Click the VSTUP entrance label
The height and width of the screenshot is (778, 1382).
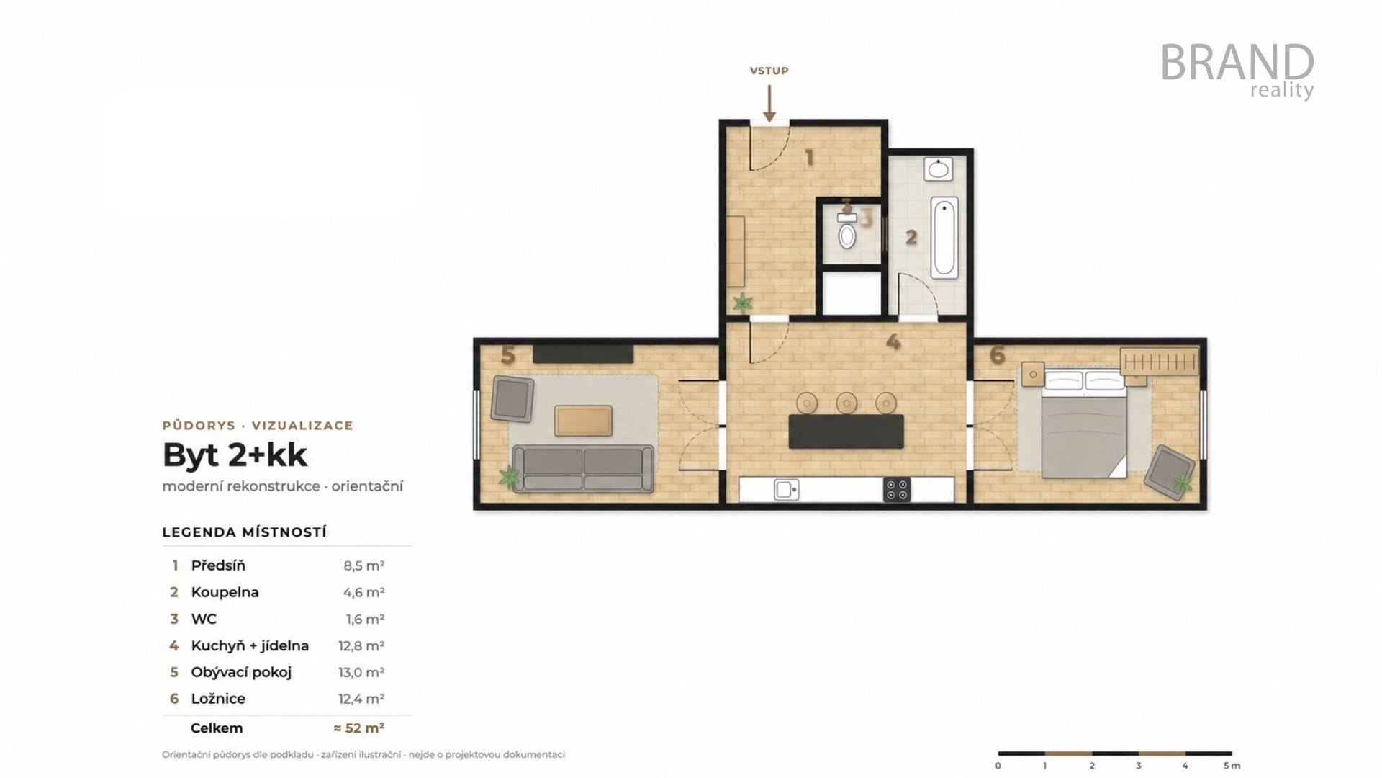[x=769, y=71]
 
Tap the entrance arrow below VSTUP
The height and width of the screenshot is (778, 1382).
[x=769, y=104]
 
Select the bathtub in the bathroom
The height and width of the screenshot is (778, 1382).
[x=944, y=238]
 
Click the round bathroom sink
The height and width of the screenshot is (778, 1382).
[x=939, y=169]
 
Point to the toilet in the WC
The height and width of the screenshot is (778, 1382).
[x=847, y=230]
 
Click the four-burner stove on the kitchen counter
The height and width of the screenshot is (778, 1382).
[x=897, y=490]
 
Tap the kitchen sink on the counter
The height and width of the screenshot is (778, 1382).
[x=786, y=490]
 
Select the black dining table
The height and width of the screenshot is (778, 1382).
[x=846, y=432]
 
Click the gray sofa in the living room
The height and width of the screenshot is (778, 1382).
[x=583, y=468]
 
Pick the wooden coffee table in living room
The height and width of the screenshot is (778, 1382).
[x=583, y=421]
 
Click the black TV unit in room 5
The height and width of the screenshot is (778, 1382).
[x=583, y=354]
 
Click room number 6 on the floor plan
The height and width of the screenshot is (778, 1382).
[x=997, y=355]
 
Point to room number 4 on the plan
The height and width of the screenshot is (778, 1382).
[x=893, y=341]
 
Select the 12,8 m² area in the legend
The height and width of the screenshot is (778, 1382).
[x=361, y=646]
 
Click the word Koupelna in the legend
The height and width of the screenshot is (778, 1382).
[x=225, y=592]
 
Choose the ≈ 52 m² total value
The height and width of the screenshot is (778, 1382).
[x=358, y=728]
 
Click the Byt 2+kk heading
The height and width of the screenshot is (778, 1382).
[x=235, y=455]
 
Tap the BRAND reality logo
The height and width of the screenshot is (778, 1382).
[x=1237, y=71]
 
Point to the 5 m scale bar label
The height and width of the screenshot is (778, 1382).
[x=1232, y=766]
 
